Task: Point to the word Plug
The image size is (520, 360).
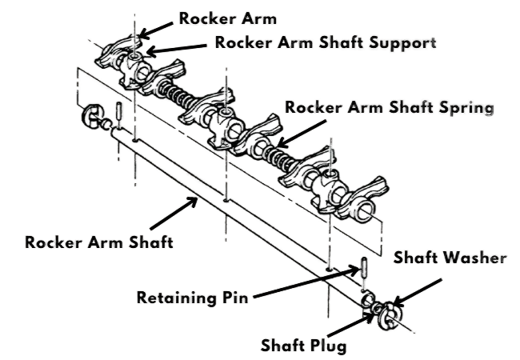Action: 329,346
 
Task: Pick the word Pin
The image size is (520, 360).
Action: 237,299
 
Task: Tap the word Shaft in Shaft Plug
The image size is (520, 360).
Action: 283,346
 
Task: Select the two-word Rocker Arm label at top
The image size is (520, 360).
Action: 213,17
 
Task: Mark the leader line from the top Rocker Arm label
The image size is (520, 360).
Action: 157,26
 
